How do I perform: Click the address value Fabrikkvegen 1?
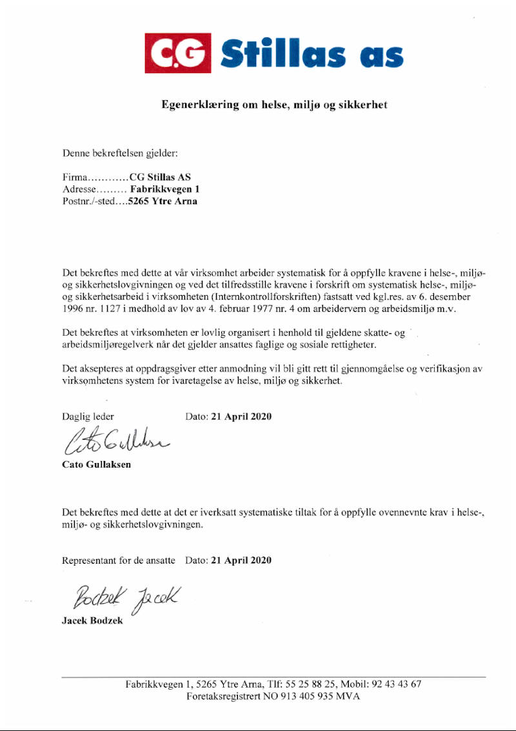pos(165,189)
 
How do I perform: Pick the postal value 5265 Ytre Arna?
pos(163,201)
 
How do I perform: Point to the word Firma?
pos(74,177)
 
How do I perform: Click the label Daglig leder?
pos(88,417)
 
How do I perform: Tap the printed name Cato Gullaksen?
pos(96,465)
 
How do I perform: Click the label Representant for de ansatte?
pos(118,560)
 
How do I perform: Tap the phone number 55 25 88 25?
pos(303,685)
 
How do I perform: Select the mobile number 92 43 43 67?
pos(396,685)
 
